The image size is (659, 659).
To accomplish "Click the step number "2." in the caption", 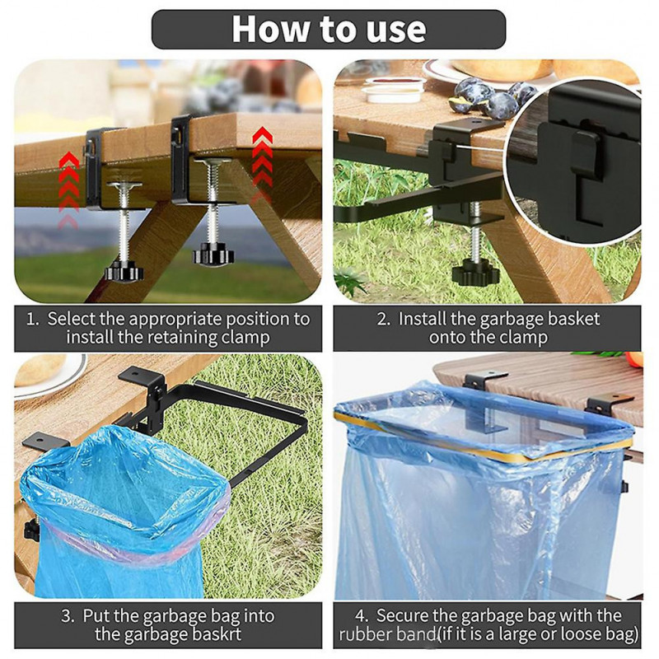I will click(384, 319).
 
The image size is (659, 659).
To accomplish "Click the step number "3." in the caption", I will click(68, 615).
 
